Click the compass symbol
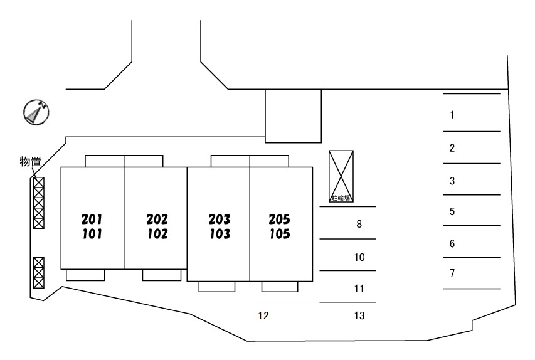click(36, 112)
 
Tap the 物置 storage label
click(30, 162)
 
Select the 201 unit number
click(92, 220)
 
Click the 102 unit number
click(157, 235)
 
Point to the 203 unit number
click(220, 220)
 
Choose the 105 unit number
click(279, 235)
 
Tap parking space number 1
click(452, 115)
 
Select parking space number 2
click(452, 149)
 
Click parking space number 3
click(452, 182)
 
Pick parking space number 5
click(452, 211)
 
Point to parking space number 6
click(452, 244)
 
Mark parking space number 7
click(452, 273)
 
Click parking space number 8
click(359, 223)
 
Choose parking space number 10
click(359, 257)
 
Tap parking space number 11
click(359, 289)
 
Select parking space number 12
click(263, 316)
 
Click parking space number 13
click(359, 316)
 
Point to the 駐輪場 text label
click(341, 198)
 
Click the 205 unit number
click(279, 220)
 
